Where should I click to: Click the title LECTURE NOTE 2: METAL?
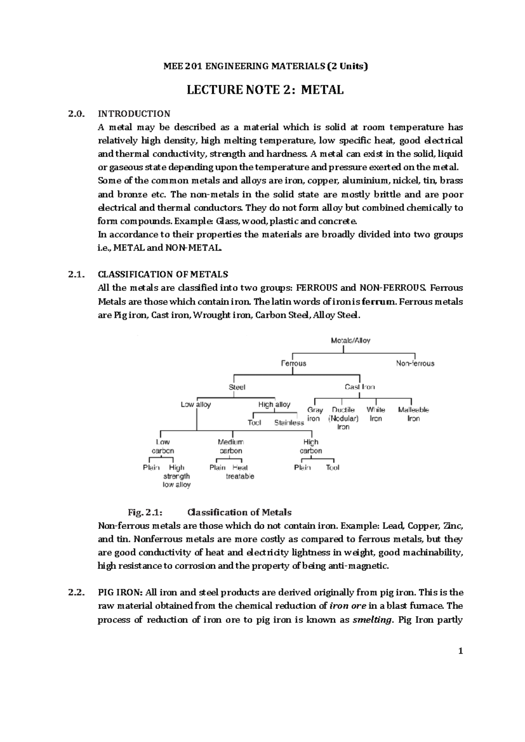[265, 90]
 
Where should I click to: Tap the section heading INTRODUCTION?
[134, 114]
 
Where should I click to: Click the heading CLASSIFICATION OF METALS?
[163, 274]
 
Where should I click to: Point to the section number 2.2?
[75, 592]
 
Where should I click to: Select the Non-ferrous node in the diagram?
[415, 363]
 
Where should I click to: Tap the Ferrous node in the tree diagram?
[293, 363]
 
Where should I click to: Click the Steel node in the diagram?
[237, 387]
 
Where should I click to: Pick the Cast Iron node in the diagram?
[360, 387]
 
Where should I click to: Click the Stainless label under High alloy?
[289, 423]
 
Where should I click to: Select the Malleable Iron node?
[413, 414]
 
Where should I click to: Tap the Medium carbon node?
[231, 446]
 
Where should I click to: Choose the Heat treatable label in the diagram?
[240, 472]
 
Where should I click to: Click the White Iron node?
[376, 414]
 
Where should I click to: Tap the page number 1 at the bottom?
[460, 651]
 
